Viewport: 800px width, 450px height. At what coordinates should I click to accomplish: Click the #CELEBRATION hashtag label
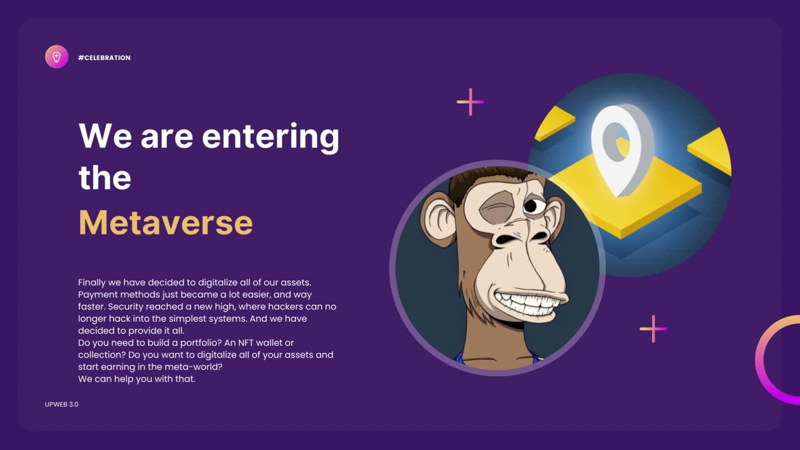[104, 57]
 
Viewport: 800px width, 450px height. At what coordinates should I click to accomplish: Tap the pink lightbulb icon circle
[56, 57]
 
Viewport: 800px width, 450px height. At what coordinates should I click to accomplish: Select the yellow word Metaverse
[166, 222]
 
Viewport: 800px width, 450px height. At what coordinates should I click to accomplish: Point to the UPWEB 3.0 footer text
[62, 404]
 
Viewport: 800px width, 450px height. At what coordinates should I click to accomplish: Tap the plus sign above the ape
[470, 102]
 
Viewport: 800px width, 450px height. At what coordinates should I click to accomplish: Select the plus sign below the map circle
[653, 329]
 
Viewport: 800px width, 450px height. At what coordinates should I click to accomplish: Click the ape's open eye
[533, 205]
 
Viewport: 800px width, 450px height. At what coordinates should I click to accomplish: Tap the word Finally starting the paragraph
[94, 282]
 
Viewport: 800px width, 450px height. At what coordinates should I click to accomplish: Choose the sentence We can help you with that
[136, 379]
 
